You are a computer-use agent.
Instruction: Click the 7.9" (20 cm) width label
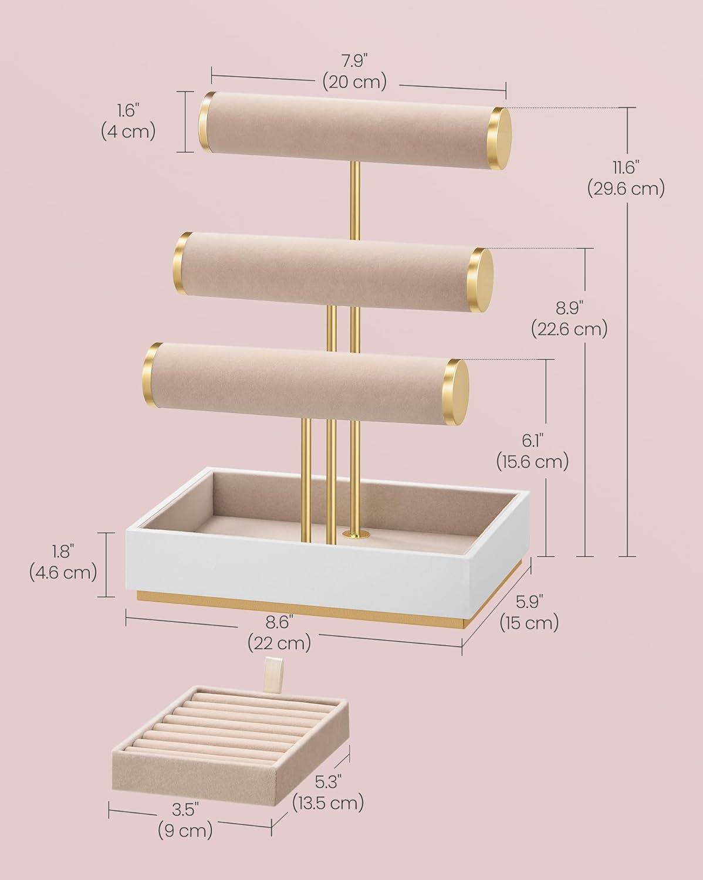pos(354,72)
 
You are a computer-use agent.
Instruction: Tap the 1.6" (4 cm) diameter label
pos(128,122)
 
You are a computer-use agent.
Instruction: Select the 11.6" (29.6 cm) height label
pos(626,178)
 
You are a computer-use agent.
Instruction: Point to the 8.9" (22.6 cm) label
pos(569,319)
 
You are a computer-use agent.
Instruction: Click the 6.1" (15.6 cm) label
pos(532,452)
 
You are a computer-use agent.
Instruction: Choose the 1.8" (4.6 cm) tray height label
pos(63,562)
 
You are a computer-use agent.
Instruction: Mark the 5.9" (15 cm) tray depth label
pos(529,613)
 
